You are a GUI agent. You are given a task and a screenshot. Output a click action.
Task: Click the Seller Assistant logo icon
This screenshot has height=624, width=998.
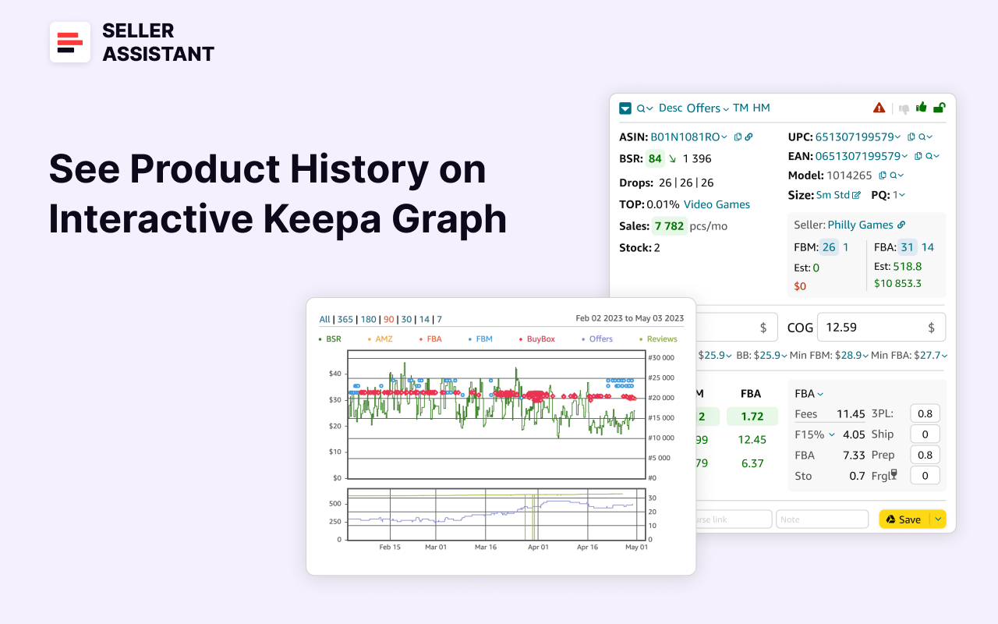[70, 42]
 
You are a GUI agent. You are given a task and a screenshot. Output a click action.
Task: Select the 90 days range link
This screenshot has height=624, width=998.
[388, 319]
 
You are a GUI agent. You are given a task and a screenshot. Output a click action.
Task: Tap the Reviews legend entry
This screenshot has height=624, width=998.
[661, 339]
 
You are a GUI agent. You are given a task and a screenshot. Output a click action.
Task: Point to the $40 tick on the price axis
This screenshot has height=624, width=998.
[334, 374]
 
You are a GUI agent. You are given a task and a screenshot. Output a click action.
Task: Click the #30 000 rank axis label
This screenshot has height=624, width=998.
[660, 358]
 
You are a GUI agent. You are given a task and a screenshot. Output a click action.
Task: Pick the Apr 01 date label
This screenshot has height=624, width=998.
[538, 547]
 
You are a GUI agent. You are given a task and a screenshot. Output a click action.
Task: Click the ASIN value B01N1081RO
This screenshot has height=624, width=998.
[685, 136]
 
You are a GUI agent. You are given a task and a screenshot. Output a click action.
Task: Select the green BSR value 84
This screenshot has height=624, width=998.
[655, 158]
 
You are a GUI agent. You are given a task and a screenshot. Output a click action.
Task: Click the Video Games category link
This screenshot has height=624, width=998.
[717, 204]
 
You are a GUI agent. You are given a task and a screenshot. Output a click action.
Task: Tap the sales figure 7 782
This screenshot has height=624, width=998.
[669, 226]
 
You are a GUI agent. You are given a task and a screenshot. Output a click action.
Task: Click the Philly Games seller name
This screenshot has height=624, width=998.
[860, 225]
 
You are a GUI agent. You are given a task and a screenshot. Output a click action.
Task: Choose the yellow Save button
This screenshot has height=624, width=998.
[904, 519]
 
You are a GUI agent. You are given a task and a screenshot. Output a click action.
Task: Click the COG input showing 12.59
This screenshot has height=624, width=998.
[873, 328]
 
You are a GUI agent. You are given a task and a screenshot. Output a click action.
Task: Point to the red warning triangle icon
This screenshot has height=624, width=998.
[879, 108]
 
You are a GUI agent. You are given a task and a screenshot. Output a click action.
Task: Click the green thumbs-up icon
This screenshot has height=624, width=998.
[922, 108]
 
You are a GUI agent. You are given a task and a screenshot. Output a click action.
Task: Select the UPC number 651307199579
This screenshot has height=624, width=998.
[854, 136]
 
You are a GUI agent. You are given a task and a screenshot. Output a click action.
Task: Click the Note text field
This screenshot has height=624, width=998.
[822, 519]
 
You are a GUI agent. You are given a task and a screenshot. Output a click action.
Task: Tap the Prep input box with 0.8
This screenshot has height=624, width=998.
[925, 455]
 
